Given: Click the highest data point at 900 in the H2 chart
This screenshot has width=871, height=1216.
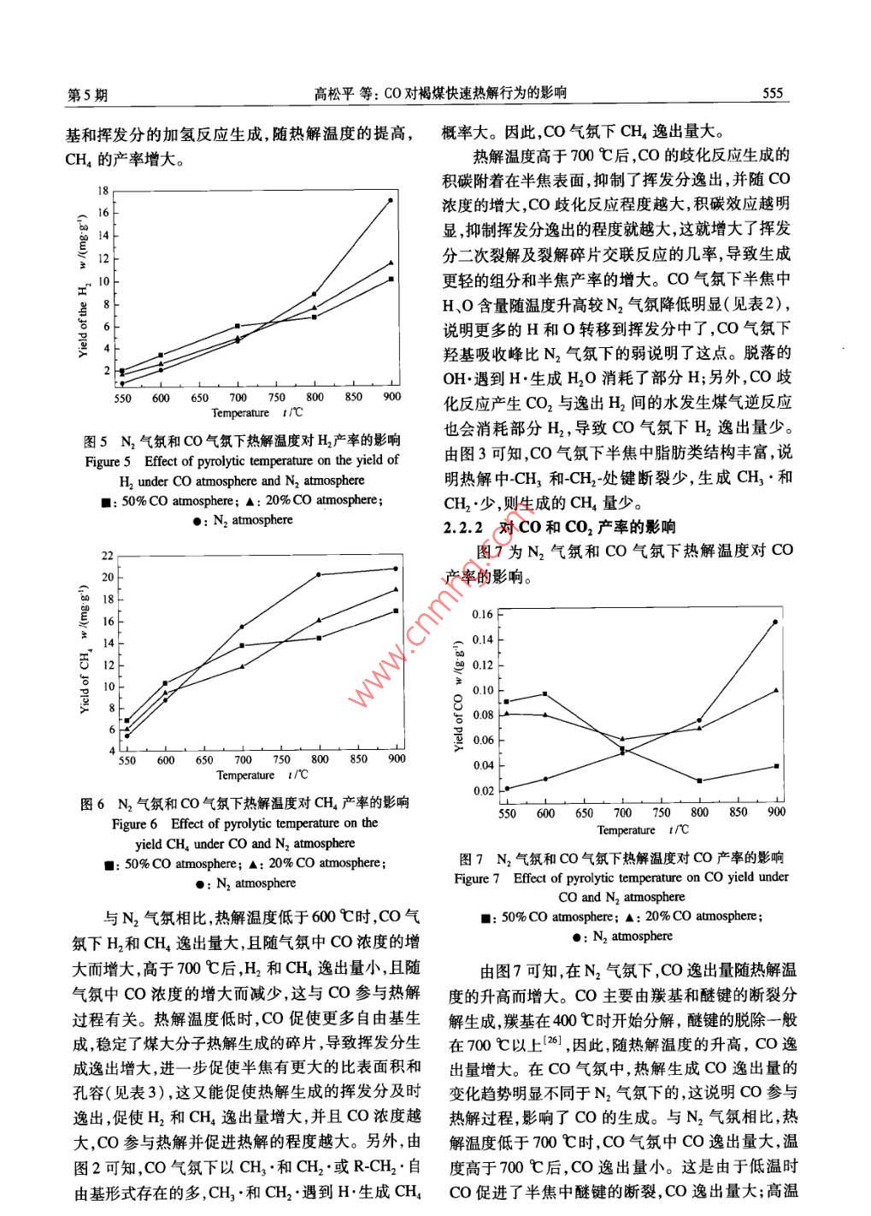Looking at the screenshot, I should click(x=391, y=200).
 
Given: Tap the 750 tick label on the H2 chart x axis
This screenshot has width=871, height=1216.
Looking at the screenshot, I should click(x=276, y=398).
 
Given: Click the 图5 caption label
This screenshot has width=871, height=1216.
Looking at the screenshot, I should click(x=95, y=441).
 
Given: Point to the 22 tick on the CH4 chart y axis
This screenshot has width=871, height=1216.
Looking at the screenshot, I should click(x=107, y=556).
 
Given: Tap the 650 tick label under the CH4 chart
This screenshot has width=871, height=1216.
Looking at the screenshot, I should click(x=204, y=759).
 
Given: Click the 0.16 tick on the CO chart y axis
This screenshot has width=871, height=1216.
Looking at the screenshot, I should click(x=483, y=614).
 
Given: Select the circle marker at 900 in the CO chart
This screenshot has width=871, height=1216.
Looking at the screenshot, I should click(x=775, y=622).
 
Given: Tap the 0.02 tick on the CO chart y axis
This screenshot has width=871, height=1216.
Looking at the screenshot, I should click(x=483, y=791).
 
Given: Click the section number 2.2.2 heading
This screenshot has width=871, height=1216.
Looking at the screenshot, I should click(x=464, y=527).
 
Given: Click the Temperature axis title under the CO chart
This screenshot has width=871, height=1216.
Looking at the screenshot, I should click(x=626, y=829).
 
